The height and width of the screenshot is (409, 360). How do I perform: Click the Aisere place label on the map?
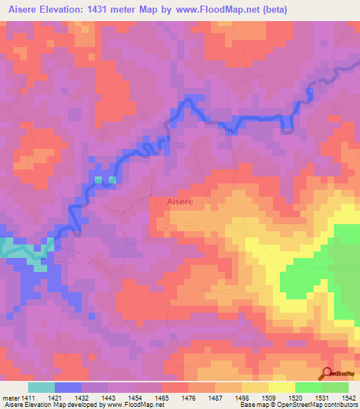[180, 202]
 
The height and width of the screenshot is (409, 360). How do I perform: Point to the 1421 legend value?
[61, 398]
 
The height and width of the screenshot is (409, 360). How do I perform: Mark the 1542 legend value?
[348, 398]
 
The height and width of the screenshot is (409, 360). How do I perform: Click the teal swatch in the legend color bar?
[41, 387]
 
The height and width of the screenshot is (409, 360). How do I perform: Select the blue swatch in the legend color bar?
[68, 387]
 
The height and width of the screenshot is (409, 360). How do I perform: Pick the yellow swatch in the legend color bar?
[282, 387]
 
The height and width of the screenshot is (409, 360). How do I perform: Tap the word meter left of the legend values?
[11, 398]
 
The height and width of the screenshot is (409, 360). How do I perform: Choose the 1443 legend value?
[115, 398]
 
